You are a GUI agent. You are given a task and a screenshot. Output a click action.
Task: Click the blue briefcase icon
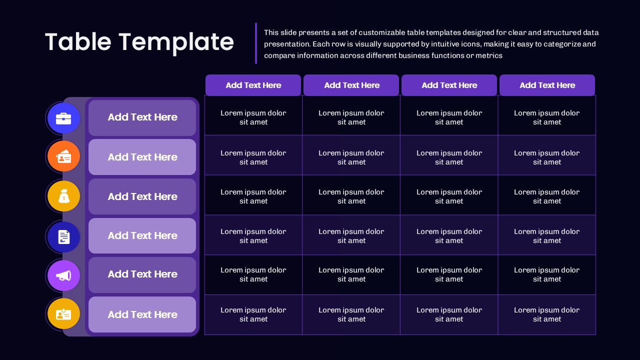63,118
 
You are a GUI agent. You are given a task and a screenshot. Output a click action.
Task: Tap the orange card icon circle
63,157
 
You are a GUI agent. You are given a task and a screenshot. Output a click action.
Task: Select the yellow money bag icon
63,196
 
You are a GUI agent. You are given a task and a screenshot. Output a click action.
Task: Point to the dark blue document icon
63,236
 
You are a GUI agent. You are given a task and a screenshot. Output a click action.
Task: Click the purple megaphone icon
63,275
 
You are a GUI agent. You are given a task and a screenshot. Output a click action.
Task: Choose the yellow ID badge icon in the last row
63,314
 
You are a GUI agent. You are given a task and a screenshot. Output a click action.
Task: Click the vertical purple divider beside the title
256,43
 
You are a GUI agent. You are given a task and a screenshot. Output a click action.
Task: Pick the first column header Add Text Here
253,85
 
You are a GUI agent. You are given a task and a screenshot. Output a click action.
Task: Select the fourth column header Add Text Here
547,85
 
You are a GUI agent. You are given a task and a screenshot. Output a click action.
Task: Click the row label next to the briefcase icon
142,117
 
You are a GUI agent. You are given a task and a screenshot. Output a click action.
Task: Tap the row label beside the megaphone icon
142,274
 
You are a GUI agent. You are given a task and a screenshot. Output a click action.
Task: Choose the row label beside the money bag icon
142,196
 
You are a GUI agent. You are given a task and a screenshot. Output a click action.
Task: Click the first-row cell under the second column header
351,117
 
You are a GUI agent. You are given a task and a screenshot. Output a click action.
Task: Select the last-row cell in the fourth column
547,314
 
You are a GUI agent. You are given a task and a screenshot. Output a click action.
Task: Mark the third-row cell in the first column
253,196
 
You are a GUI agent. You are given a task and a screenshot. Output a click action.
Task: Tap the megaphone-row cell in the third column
449,274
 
